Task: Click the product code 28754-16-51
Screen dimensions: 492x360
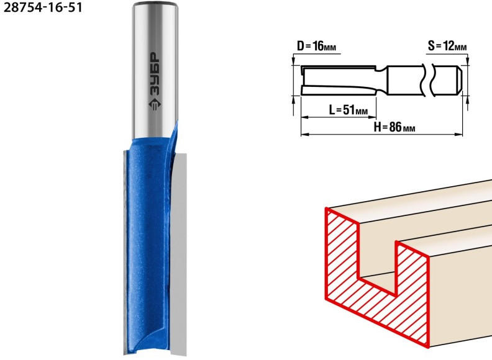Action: coord(43,7)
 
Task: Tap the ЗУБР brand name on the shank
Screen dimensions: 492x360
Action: coord(154,74)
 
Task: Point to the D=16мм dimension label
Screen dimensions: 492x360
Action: coord(317,47)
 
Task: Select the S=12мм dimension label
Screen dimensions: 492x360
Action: coord(447,47)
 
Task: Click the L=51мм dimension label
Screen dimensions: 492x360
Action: coord(348,110)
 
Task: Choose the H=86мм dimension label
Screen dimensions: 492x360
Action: coord(394,127)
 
